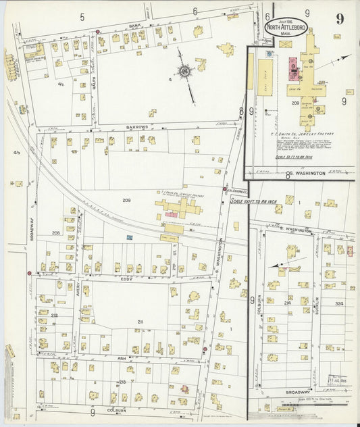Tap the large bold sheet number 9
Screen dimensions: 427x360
[339, 18]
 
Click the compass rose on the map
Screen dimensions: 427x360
[184, 71]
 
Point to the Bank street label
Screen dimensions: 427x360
[134, 25]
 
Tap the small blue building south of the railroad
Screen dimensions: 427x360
[129, 238]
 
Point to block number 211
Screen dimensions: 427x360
[140, 321]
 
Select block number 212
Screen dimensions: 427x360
[53, 315]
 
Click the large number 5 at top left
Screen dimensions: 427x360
[82, 14]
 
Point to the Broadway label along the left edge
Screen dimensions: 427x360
[31, 234]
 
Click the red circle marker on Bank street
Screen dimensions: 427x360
[98, 31]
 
